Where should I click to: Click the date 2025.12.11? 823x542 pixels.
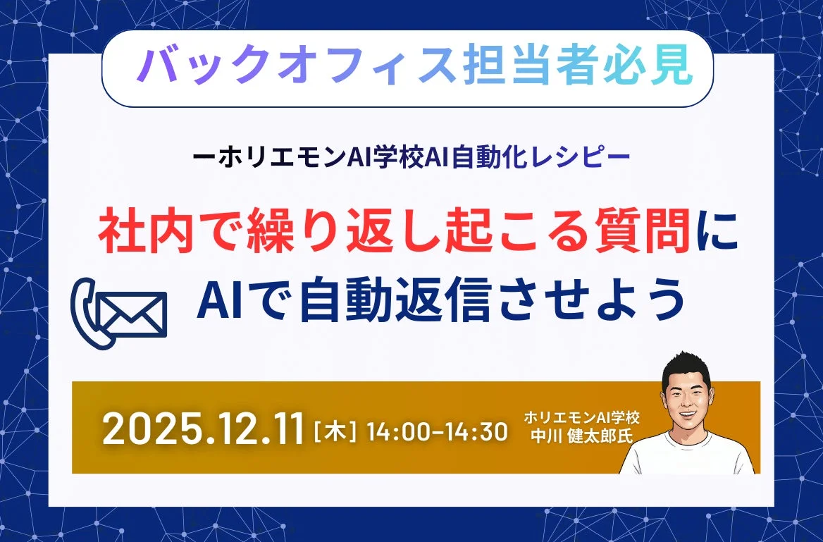[x=204, y=429]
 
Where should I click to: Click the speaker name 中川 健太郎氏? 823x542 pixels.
[x=582, y=435]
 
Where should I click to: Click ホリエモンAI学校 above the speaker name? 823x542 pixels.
[x=582, y=417]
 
